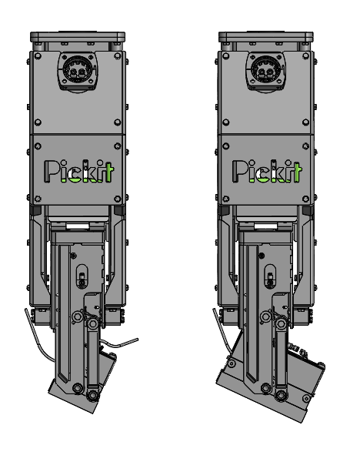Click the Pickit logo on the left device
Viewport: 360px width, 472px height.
pos(78,172)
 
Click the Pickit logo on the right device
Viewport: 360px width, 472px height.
pos(267,172)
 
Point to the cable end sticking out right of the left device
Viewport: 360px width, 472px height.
pos(132,340)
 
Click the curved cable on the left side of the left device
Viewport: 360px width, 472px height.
pos(34,331)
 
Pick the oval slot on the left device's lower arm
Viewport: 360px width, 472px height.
pos(82,273)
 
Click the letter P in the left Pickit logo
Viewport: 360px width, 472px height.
pos(51,172)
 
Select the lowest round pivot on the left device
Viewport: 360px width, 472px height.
pos(92,396)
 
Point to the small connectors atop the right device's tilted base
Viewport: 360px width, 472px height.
pos(302,351)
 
